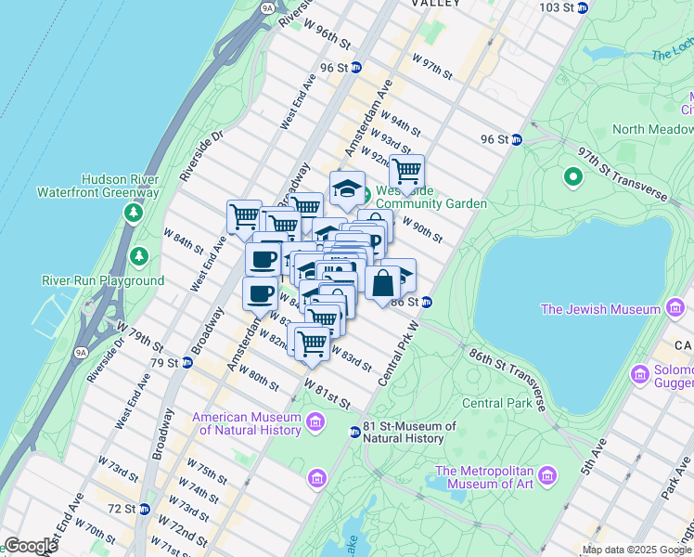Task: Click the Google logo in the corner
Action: (31, 546)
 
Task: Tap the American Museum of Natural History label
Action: (247, 423)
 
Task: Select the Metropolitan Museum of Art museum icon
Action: (546, 476)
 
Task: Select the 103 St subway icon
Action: (582, 7)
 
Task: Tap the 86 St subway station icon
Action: (426, 302)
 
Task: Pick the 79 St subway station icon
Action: (186, 362)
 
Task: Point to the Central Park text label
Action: (497, 403)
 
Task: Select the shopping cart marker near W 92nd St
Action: (406, 173)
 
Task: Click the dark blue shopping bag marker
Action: (382, 284)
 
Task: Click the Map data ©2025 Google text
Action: (637, 550)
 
